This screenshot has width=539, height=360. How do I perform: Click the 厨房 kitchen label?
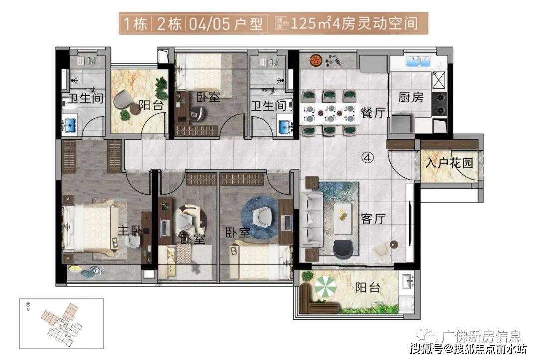pos(411,97)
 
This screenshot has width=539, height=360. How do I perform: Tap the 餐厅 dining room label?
pos(373,113)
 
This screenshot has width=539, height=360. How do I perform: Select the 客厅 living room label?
pos(373,218)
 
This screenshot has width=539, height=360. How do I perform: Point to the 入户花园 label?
pos(449,163)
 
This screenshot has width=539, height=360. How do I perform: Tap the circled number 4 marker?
pos(367,158)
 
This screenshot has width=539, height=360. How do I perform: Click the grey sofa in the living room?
pos(312,217)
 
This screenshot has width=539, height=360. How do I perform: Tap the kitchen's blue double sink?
pos(419,62)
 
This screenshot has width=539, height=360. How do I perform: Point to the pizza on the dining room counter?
pos(315,59)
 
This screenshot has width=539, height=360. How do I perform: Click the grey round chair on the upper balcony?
pos(123,100)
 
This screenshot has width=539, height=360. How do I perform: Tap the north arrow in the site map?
pos(28,305)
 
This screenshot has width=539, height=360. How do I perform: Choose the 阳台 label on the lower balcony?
pos(368,288)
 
